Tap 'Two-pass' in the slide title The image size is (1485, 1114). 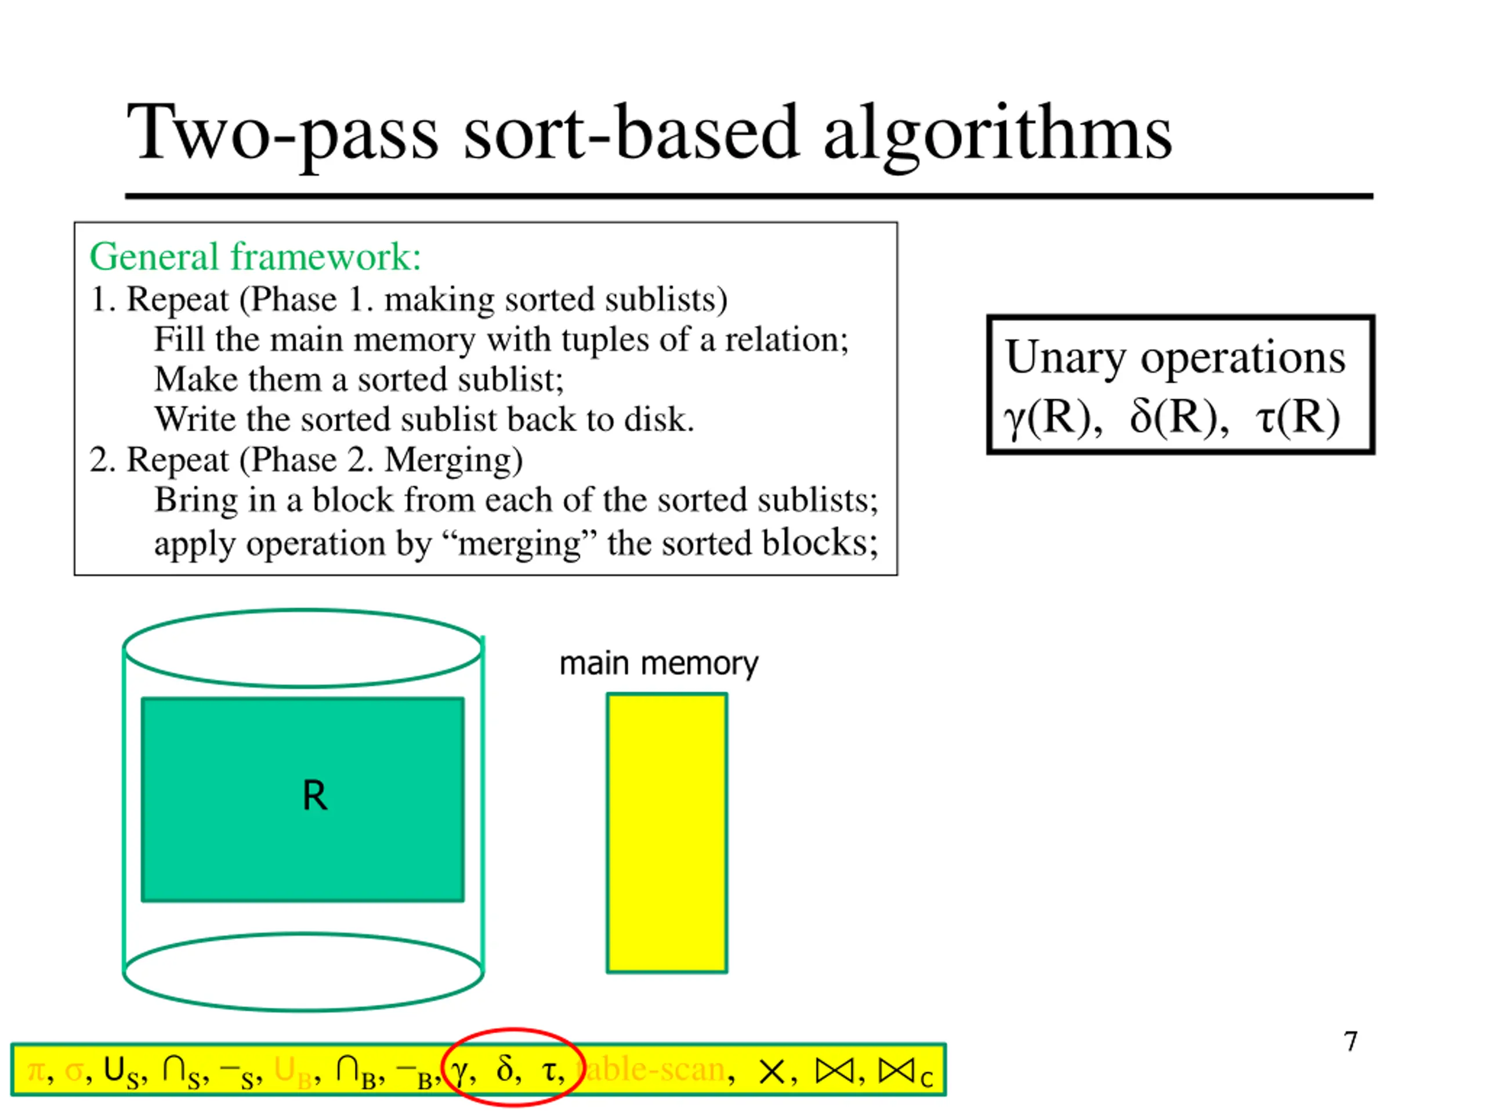[x=282, y=134]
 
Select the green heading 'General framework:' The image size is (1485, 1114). [x=255, y=256]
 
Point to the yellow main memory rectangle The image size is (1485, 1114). [x=667, y=833]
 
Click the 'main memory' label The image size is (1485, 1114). [x=658, y=663]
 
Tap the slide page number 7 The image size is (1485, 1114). [x=1351, y=1041]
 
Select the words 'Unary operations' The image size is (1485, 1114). [x=1175, y=357]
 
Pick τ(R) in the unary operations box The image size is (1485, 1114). [x=1297, y=418]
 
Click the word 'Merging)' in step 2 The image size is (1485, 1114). [x=453, y=461]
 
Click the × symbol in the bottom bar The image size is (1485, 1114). [x=772, y=1071]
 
